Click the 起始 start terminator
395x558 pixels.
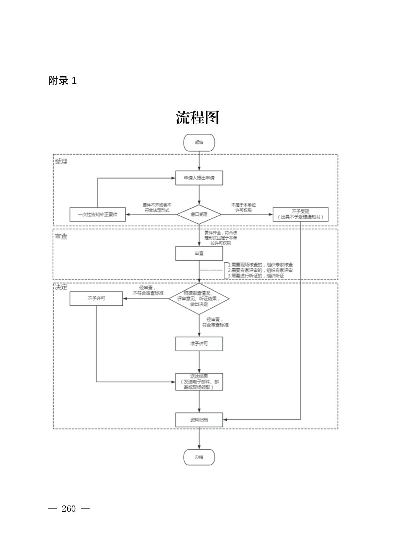[x=199, y=143]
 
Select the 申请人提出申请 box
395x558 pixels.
[x=199, y=178]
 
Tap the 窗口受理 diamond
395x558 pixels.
[x=199, y=214]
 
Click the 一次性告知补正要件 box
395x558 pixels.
[x=97, y=214]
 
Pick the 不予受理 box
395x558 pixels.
[x=300, y=214]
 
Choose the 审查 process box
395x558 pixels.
[x=199, y=253]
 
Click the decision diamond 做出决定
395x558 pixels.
[x=199, y=298]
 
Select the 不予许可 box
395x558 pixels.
[x=96, y=298]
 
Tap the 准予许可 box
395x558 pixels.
[x=199, y=343]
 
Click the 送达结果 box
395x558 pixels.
[x=199, y=382]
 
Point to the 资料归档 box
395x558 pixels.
[x=199, y=420]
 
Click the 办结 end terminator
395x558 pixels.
[x=199, y=457]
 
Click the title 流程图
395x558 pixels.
[x=197, y=118]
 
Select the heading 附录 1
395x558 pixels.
[x=62, y=81]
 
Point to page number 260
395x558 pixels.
[x=69, y=508]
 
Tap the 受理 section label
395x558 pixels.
[x=61, y=161]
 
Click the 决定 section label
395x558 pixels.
[x=61, y=287]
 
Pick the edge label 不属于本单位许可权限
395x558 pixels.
[x=243, y=208]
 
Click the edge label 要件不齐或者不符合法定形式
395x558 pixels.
[x=157, y=208]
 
